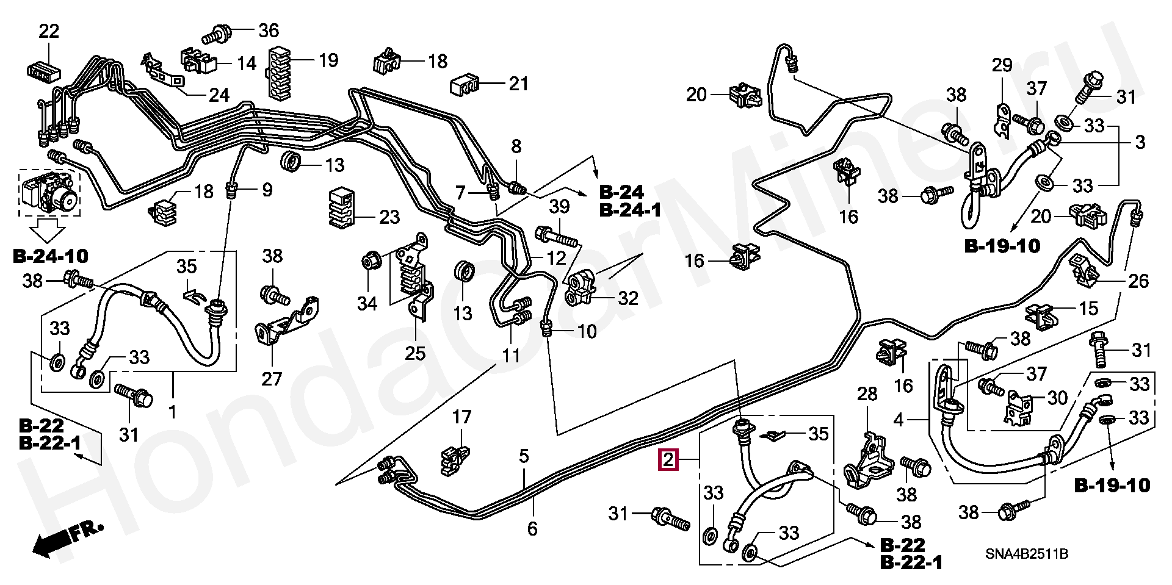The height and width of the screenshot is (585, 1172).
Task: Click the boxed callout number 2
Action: (x=668, y=460)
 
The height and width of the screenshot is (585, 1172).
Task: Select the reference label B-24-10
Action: (x=50, y=256)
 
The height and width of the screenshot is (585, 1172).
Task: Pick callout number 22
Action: (x=49, y=31)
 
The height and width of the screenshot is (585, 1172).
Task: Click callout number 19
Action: (x=328, y=60)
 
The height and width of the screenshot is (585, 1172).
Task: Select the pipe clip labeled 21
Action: (x=466, y=86)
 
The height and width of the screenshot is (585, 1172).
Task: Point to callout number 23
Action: (x=389, y=217)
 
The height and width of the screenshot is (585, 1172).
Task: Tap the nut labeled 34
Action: (x=372, y=262)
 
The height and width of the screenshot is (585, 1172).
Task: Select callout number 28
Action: (x=867, y=394)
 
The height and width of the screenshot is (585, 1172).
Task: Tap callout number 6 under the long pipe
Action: (x=532, y=528)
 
